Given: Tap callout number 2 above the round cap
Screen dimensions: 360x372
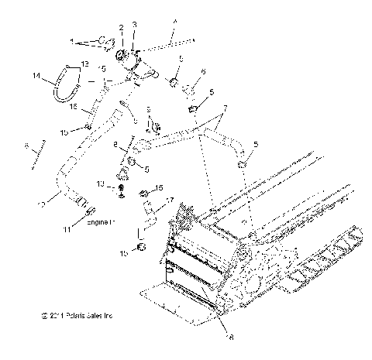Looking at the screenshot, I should pyautogui.click(x=121, y=28).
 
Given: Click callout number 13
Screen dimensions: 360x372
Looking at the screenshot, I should pyautogui.click(x=86, y=63).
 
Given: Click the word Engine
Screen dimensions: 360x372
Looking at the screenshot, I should pyautogui.click(x=96, y=221).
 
